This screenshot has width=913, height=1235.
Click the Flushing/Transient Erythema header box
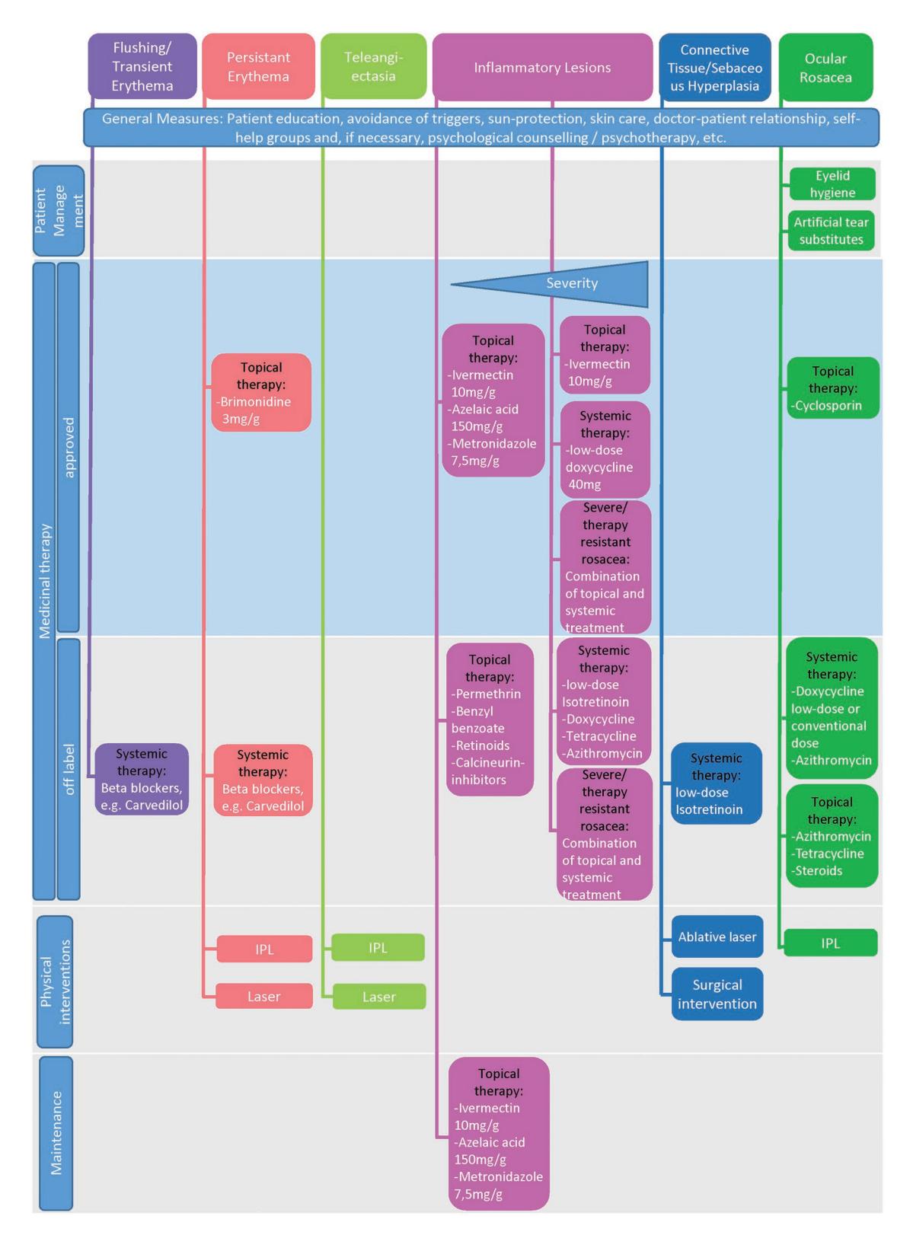pyautogui.click(x=142, y=66)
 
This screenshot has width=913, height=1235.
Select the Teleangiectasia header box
pyautogui.click(x=373, y=66)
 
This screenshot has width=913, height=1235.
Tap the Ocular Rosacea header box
pyautogui.click(x=825, y=67)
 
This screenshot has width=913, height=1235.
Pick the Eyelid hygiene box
pyautogui.click(x=832, y=183)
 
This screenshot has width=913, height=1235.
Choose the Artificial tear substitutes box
pyautogui.click(x=831, y=231)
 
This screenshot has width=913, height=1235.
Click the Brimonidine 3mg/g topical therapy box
pyautogui.click(x=260, y=393)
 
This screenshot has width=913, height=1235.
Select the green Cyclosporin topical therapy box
pyautogui.click(x=832, y=388)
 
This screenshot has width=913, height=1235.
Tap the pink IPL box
pyautogui.click(x=264, y=949)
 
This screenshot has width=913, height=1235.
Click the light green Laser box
pyautogui.click(x=378, y=996)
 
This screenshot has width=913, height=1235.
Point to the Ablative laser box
pyautogui.click(x=717, y=937)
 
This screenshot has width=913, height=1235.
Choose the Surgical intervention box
pyautogui.click(x=717, y=994)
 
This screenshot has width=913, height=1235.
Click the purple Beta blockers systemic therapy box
pyautogui.click(x=142, y=779)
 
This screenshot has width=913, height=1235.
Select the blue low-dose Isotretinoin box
pyautogui.click(x=716, y=783)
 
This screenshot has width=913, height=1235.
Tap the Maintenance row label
pyautogui.click(x=56, y=1133)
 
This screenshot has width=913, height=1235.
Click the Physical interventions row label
pyautogui.click(x=55, y=981)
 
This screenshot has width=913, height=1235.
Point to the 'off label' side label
pyautogui.click(x=69, y=769)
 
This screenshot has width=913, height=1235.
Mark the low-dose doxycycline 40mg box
pyautogui.click(x=605, y=450)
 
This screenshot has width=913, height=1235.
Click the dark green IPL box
pyautogui.click(x=830, y=943)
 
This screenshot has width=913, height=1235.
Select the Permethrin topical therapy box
pyautogui.click(x=490, y=720)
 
